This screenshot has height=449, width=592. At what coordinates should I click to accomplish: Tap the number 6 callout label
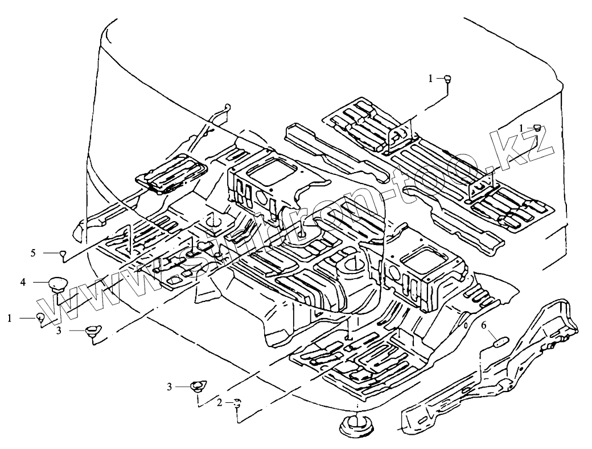[x=484, y=326]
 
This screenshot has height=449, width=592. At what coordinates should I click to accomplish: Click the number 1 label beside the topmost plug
[x=431, y=78]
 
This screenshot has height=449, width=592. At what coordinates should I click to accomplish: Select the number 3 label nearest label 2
[x=170, y=387]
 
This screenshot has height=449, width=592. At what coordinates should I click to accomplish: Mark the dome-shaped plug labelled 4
[x=57, y=283]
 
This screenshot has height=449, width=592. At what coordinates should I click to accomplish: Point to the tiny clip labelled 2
[x=236, y=403]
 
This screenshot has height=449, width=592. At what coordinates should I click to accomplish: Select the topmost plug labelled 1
[x=448, y=79]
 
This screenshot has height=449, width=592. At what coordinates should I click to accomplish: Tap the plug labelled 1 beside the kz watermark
[x=537, y=127]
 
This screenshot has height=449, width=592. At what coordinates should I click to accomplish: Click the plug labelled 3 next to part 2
[x=197, y=387]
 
